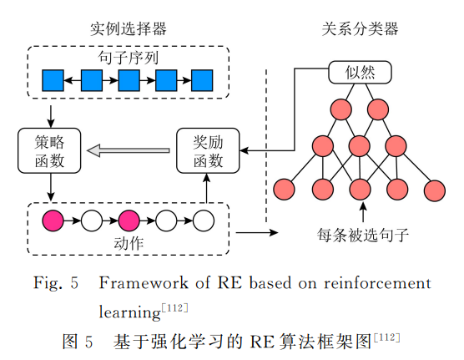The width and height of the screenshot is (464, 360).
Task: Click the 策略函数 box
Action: [x=49, y=150]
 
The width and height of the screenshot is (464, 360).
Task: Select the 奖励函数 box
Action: [x=208, y=150]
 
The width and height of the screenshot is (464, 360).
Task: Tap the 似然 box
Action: [x=360, y=73]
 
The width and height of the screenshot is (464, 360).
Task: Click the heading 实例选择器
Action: [x=129, y=29]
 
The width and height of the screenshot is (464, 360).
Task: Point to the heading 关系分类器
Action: [x=360, y=29]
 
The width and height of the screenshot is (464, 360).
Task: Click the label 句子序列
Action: [x=129, y=58]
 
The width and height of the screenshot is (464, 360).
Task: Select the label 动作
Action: [x=129, y=243]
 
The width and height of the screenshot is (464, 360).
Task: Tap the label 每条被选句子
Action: [x=363, y=235]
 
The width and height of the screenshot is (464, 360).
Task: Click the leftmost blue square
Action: [x=53, y=80]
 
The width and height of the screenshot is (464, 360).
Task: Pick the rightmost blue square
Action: [x=202, y=80]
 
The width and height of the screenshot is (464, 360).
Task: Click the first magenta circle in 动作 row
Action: [x=53, y=221]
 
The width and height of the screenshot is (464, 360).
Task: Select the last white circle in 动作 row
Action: [x=204, y=221]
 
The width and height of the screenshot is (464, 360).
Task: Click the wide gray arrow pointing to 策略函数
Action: [x=129, y=150]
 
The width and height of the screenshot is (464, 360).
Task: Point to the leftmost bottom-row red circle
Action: [x=284, y=190]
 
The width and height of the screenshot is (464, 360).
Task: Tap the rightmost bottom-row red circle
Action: [x=435, y=190]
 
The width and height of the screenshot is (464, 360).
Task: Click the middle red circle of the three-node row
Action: [x=359, y=146]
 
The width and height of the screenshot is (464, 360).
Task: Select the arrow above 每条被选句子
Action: [x=363, y=212]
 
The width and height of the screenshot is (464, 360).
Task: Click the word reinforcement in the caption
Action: [x=377, y=283]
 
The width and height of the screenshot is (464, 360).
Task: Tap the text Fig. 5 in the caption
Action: [x=56, y=282]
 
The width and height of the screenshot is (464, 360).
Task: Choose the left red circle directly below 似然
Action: [x=341, y=109]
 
